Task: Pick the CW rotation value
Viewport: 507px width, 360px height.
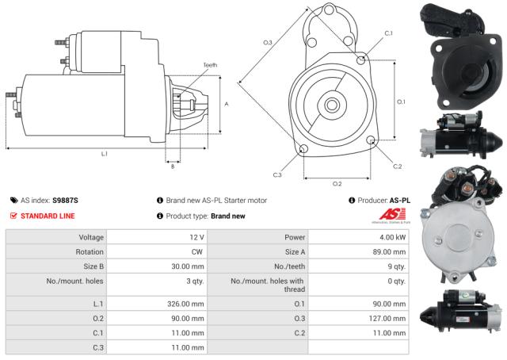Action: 197,251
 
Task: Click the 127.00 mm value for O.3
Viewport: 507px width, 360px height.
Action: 387,318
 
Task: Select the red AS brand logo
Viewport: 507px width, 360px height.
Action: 392,215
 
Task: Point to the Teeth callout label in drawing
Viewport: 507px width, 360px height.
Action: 209,65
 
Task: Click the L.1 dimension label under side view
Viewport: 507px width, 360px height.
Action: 104,152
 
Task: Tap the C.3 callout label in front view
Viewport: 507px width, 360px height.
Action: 277,174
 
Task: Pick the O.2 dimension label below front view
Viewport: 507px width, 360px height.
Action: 337,183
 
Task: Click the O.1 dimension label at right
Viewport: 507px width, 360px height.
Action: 401,101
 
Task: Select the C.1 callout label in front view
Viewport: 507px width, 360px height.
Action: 388,33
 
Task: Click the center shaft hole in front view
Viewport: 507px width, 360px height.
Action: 332,103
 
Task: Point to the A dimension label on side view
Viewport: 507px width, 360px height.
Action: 227,104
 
